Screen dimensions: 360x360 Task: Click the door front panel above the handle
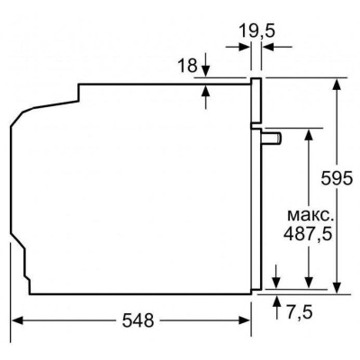[x=256, y=101]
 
